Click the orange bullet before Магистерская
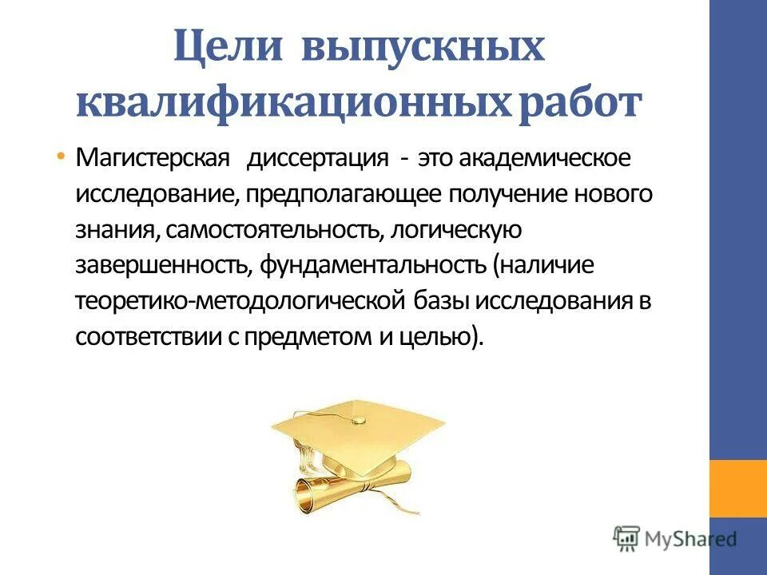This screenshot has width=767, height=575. (x=62, y=157)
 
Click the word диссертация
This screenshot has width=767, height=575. (x=317, y=157)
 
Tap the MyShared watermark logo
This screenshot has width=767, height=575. (x=675, y=537)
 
